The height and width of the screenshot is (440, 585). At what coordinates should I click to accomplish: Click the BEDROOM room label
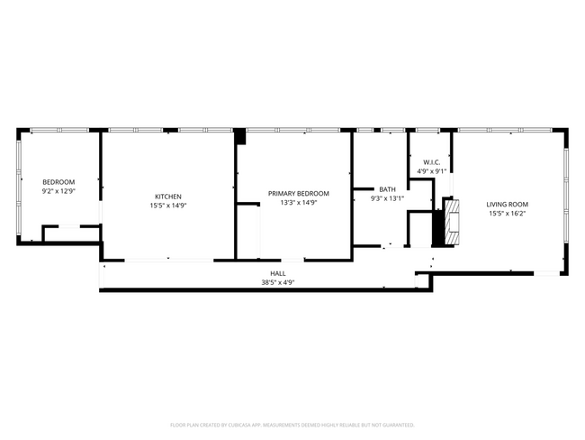tap(58, 182)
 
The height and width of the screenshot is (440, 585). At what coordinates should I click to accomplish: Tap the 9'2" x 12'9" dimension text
tap(58, 191)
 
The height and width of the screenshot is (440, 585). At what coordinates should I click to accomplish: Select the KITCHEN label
tap(168, 197)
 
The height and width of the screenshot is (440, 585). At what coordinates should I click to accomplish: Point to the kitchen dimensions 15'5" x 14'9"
tap(168, 206)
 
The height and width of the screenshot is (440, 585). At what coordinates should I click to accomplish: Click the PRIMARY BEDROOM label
tap(298, 193)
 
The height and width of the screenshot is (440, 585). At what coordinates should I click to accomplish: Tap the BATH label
tap(387, 189)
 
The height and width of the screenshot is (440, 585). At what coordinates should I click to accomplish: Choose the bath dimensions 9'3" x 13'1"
tap(387, 198)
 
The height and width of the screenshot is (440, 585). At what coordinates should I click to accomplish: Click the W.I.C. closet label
tap(431, 162)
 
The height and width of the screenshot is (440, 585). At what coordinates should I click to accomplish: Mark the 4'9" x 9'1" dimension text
tap(431, 171)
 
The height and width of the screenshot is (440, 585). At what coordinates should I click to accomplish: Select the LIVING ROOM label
tap(508, 205)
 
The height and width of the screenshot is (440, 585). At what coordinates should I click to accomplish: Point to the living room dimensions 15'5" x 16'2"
tap(508, 214)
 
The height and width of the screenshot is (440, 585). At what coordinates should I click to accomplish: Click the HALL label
tap(278, 273)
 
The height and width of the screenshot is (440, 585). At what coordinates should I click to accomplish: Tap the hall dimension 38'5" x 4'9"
tap(278, 282)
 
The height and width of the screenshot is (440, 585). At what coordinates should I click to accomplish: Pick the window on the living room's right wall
tap(565, 194)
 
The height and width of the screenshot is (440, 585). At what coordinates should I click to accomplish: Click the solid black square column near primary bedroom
tap(239, 137)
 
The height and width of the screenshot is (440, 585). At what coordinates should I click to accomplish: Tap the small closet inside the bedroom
tap(70, 234)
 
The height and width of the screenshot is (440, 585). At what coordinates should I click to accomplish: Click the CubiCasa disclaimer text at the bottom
tap(292, 424)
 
